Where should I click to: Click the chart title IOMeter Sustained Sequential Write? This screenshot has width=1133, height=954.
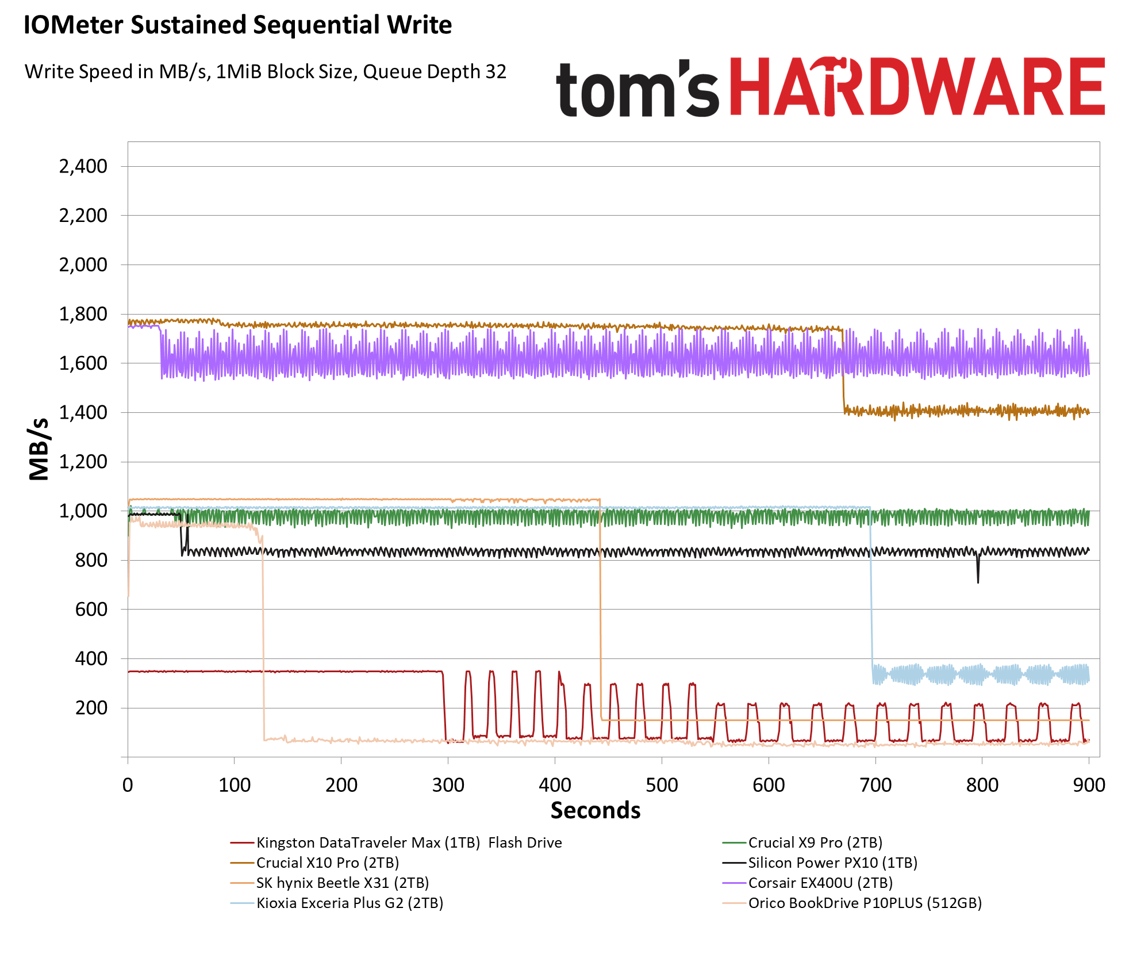237,25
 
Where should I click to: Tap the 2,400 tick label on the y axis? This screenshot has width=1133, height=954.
83,166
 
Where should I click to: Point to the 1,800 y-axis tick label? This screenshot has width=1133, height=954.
83,314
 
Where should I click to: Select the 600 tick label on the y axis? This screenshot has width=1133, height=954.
91,609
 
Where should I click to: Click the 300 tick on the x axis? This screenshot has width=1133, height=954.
448,785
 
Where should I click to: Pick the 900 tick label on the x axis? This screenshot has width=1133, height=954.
1089,785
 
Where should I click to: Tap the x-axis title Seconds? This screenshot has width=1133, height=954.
595,810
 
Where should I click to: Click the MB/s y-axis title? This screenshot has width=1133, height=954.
39,449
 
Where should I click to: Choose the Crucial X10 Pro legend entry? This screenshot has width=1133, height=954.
327,863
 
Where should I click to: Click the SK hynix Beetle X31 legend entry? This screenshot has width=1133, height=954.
342,883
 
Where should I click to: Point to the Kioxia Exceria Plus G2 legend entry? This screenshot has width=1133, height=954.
349,903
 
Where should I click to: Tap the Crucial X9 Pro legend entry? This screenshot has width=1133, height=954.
815,842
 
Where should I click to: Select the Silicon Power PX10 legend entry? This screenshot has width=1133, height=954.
832,863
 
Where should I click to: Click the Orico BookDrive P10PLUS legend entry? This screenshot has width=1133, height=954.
865,903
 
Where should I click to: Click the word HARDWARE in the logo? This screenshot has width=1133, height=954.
917,87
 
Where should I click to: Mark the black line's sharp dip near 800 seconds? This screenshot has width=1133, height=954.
978,572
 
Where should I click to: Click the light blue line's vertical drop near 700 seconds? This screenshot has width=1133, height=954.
871,592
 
